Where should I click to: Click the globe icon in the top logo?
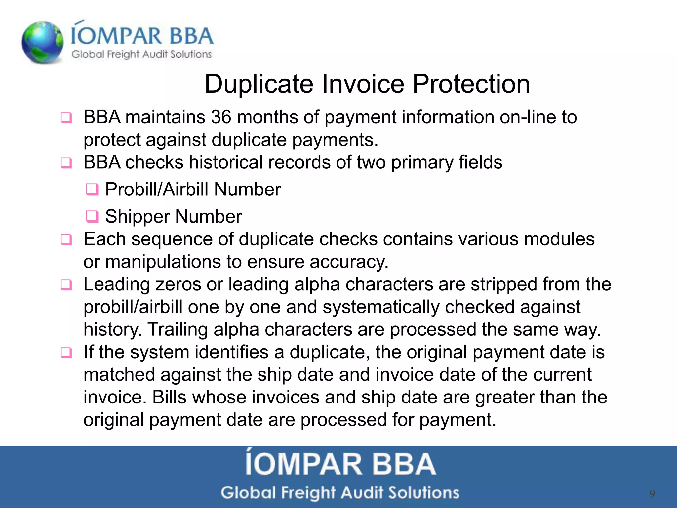tap(42, 42)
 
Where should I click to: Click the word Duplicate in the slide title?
tap(259, 84)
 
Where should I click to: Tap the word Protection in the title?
tap(471, 84)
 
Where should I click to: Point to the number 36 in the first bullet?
tap(221, 117)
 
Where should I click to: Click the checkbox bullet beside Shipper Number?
tap(92, 217)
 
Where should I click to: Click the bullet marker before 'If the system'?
tap(66, 353)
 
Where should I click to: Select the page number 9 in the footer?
tap(652, 494)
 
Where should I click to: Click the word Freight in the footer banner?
tap(308, 493)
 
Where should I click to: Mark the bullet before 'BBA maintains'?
tap(66, 118)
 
